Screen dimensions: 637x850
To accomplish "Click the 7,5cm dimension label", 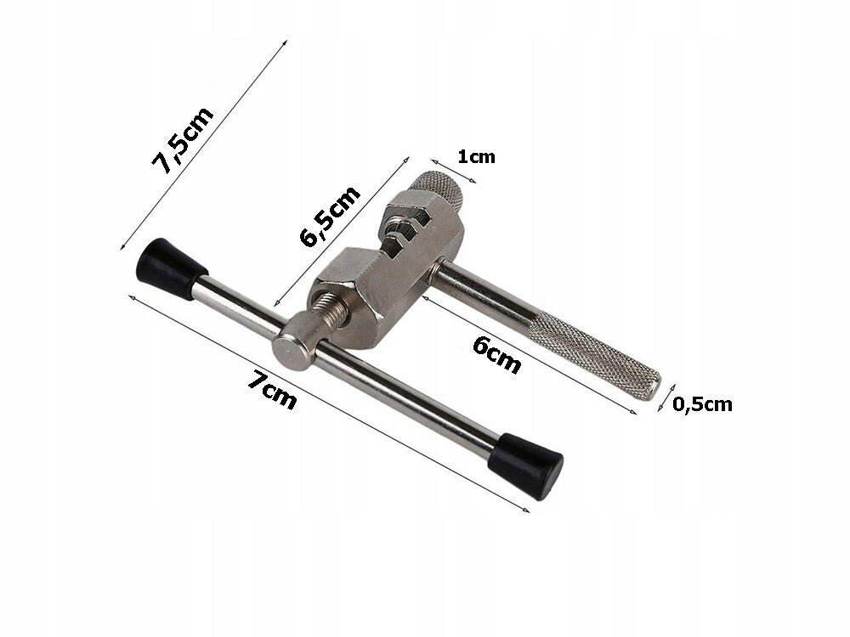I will pos(182,141).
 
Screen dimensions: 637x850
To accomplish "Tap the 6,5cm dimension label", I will pos(331,215).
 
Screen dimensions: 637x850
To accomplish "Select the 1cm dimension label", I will pos(475,157).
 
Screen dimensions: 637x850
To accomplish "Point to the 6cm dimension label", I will pos(497,352).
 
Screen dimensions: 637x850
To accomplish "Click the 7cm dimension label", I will pos(272,392).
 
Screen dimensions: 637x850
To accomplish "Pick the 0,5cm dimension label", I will pos(702,404).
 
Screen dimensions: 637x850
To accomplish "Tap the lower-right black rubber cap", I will pos(531,462).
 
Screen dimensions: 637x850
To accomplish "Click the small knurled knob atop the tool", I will pos(438,190).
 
